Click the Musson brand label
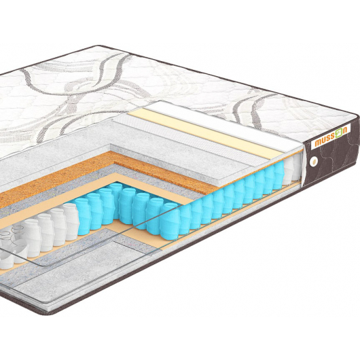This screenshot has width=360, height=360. (x=331, y=137)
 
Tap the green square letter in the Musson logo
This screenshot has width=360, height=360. (x=339, y=134)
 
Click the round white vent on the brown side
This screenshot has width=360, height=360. (x=313, y=162)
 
